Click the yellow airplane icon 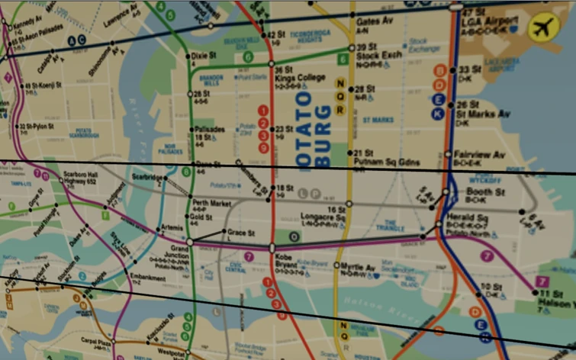[542, 27]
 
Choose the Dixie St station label [203, 55]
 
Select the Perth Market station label [211, 204]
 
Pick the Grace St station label [241, 232]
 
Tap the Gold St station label [202, 217]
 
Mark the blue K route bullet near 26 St [438, 114]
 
